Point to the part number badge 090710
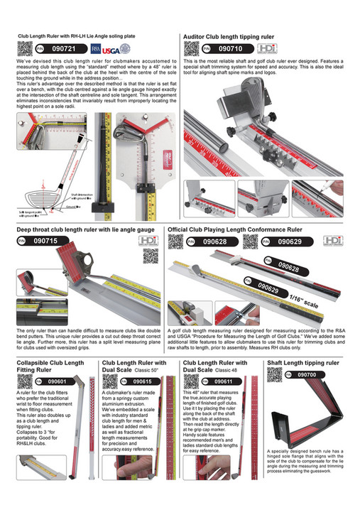click(x=225, y=49)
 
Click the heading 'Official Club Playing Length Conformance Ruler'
click(x=244, y=230)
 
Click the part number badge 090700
click(x=307, y=374)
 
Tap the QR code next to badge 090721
click(x=25, y=49)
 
